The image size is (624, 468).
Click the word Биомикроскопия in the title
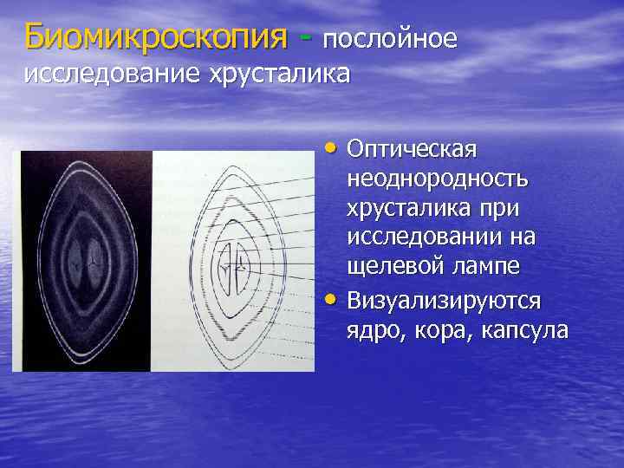[156, 36]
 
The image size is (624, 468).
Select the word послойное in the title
[390, 39]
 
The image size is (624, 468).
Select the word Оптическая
[412, 149]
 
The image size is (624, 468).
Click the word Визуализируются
[444, 301]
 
